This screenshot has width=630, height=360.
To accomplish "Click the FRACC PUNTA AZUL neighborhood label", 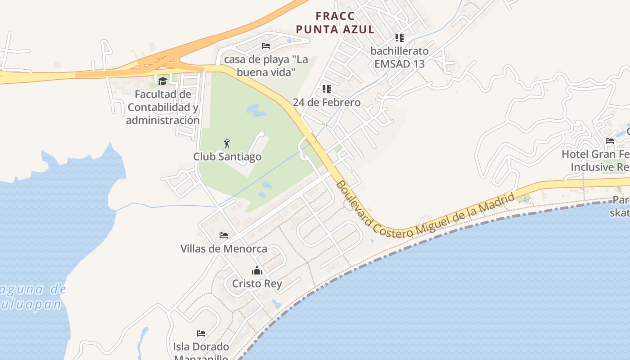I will click(x=335, y=23).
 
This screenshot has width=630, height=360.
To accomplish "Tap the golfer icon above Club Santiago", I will click(x=227, y=144).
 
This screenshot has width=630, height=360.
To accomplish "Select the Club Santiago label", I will click(x=227, y=157).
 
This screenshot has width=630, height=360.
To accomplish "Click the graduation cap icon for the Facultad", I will click(x=162, y=81).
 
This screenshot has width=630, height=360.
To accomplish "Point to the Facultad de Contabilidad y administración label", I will click(x=162, y=107).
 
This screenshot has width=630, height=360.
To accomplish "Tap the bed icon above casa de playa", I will click(x=266, y=46).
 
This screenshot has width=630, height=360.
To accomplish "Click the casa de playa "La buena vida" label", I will click(x=266, y=66).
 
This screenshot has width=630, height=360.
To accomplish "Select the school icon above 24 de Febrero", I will click(x=327, y=89).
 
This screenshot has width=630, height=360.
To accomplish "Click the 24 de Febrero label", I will click(x=327, y=103).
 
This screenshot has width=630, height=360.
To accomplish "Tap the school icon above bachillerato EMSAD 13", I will click(x=400, y=38).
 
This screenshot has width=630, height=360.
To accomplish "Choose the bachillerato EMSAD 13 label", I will click(x=400, y=57).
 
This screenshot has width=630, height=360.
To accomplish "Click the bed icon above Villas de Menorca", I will click(x=224, y=235).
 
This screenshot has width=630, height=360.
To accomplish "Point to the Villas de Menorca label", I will click(x=224, y=249).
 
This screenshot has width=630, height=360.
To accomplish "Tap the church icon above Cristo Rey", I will click(x=257, y=270).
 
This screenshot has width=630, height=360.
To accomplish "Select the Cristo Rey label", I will click(x=257, y=283).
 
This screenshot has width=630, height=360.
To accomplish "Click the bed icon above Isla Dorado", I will click(x=201, y=333).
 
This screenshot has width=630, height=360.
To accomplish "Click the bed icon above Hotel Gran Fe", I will click(x=610, y=141).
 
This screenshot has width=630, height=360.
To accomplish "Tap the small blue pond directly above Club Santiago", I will click(x=255, y=110).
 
